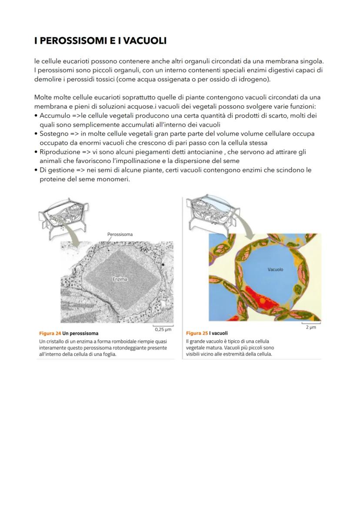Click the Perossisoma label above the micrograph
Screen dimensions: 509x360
[x=120, y=234]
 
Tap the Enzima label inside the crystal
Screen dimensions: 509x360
[x=120, y=279]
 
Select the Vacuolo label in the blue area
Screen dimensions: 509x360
[x=275, y=269]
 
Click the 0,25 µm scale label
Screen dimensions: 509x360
[x=163, y=329]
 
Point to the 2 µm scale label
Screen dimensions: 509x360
[x=310, y=327]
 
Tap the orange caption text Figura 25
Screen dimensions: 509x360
[x=197, y=333]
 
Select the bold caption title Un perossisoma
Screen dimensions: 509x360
[x=80, y=333]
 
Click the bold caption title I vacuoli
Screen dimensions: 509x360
[x=218, y=333]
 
